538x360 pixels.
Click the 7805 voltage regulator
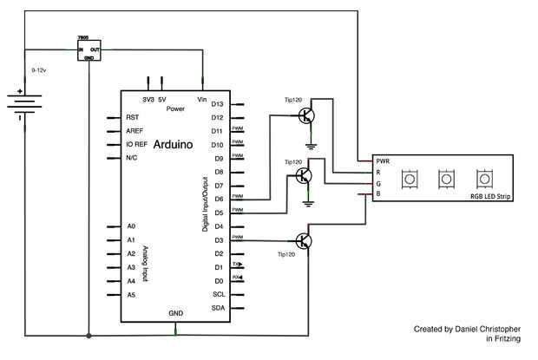tap(89, 50)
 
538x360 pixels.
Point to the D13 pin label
tap(218, 104)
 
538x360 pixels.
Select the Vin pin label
tap(202, 99)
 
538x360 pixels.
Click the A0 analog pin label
tap(131, 226)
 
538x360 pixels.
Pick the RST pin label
tap(132, 117)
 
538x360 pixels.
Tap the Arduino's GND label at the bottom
tap(176, 312)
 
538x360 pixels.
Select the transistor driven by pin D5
tap(304, 176)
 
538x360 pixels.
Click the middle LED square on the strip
tap(446, 179)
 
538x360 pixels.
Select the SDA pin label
tap(219, 308)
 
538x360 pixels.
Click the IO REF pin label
tap(137, 145)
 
